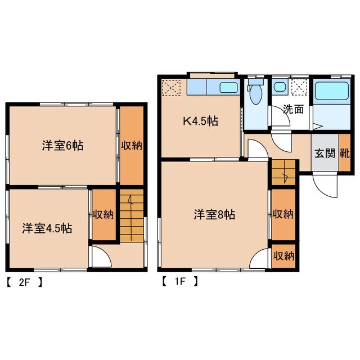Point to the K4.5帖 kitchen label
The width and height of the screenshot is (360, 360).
point(200,120)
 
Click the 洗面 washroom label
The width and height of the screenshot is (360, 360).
point(292,110)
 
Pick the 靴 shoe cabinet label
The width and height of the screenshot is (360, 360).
point(344,152)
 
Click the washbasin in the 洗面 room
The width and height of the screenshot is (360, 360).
point(279,88)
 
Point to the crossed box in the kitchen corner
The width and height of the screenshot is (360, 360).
point(171,88)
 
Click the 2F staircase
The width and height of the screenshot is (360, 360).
point(132,217)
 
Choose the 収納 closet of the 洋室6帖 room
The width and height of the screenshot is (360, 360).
point(131,145)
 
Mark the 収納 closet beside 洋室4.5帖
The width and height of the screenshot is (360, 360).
point(103,214)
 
